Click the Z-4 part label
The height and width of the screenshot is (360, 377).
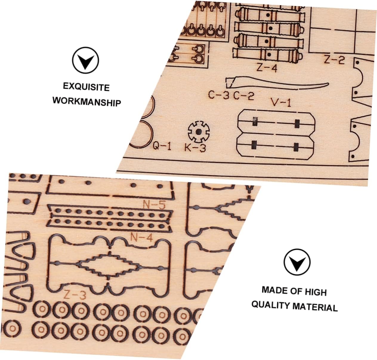point(267,68)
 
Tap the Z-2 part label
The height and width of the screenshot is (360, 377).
point(334,60)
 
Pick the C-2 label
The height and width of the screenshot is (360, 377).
point(244,96)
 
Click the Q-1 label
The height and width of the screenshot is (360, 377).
point(162,146)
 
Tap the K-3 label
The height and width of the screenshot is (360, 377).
point(195,148)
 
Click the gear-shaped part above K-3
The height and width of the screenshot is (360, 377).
point(199,131)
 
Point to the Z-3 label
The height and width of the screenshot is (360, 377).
point(75,295)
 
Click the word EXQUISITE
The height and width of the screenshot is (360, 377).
point(86,87)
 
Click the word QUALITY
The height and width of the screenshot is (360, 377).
point(270,305)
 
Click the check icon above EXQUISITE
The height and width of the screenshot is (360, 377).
point(86,60)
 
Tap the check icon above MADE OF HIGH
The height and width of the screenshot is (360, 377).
point(297,262)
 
